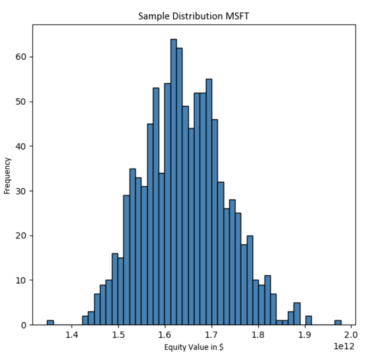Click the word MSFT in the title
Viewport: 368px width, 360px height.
tap(238, 17)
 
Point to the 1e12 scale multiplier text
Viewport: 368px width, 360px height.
tap(344, 347)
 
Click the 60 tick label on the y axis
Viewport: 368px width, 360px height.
tap(22, 57)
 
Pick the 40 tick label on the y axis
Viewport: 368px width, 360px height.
tap(22, 147)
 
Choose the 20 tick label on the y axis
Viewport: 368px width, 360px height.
tap(22, 236)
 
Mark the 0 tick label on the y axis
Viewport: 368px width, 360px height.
tap(24, 325)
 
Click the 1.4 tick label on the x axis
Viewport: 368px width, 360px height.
tap(72, 336)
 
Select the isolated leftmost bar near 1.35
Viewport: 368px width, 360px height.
tap(50, 323)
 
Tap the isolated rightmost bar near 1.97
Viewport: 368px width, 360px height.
tap(338, 323)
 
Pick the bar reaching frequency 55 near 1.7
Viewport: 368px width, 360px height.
tap(209, 202)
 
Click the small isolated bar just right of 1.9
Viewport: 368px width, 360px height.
tap(308, 320)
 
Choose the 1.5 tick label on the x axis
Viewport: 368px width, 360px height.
tap(119, 336)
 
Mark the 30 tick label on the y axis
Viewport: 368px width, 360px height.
tap(22, 191)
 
